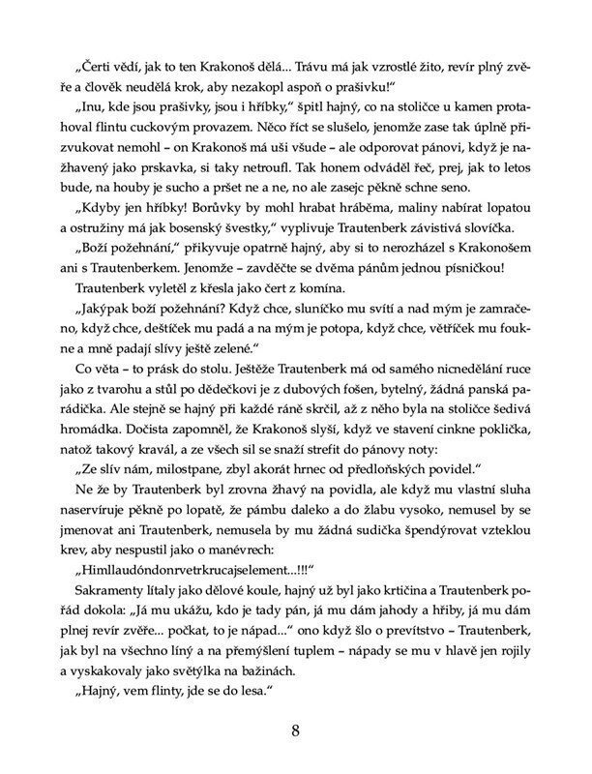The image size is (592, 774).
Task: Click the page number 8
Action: coord(295,730)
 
